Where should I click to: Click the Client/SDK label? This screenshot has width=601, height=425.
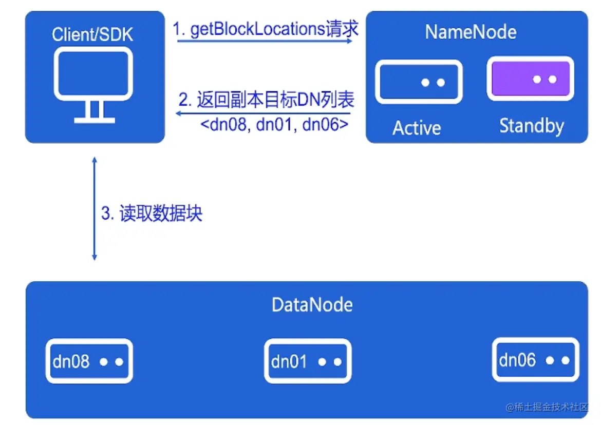92,35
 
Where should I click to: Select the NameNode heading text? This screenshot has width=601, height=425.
471,32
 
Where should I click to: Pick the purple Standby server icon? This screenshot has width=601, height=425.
531,79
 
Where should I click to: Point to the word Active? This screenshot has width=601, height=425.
417,128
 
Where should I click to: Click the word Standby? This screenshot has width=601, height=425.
531,126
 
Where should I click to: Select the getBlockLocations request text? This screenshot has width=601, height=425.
266,29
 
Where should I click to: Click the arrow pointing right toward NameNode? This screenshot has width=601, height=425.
265,41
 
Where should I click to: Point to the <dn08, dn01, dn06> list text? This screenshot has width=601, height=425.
273,125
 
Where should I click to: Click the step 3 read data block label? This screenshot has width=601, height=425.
152,213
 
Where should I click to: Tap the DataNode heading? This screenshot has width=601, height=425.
312,305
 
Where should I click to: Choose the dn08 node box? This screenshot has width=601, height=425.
89,361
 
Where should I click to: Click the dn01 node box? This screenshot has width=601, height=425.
307,361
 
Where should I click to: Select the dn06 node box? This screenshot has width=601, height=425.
535,360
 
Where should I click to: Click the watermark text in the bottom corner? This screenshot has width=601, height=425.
547,408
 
